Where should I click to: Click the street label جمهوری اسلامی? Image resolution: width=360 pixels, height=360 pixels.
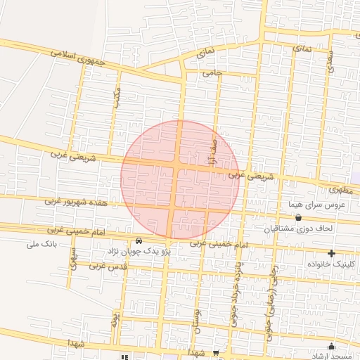79,56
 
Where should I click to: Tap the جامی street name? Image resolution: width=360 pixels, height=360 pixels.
212,72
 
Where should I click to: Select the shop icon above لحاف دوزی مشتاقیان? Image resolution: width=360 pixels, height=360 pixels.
299,218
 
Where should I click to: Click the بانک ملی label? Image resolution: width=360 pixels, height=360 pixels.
41,245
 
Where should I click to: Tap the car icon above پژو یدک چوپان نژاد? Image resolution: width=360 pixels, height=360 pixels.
138,241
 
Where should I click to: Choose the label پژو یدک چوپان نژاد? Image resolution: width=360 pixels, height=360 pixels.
138,251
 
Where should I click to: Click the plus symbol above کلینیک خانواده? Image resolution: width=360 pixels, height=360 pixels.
331,252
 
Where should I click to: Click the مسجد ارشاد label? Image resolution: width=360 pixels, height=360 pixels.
330,356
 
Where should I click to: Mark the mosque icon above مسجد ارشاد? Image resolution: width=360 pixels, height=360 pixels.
331,347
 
